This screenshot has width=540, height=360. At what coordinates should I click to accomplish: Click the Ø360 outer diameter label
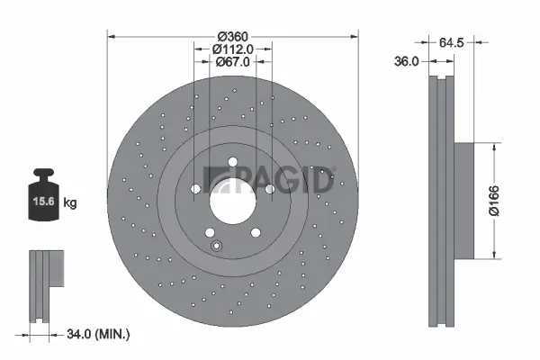point(232,36)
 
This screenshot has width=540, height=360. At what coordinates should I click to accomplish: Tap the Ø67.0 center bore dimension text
point(232,62)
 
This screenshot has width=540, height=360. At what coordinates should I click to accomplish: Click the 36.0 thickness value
point(408,61)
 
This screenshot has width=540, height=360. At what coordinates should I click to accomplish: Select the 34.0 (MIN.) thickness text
point(100,334)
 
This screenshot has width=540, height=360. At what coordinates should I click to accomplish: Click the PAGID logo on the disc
point(270,178)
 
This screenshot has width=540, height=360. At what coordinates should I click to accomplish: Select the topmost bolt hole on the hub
point(232,164)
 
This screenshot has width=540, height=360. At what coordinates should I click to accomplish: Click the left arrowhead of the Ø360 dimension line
point(112,36)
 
